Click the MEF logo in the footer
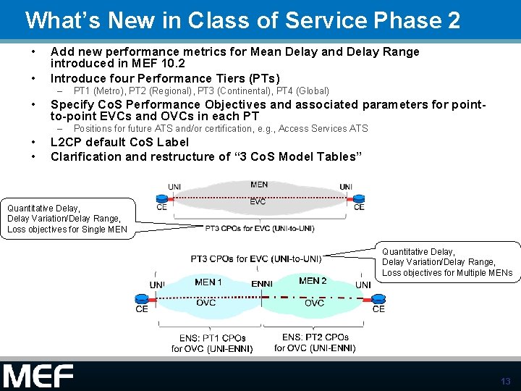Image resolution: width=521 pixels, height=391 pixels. point(38,377)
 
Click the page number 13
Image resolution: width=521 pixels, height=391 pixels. point(505,381)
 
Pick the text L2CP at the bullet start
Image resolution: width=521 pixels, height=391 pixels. point(68,142)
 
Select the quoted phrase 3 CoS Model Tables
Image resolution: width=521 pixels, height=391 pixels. point(296,156)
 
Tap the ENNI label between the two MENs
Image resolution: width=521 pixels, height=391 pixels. point(262,284)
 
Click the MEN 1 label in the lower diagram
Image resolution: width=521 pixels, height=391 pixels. point(208,282)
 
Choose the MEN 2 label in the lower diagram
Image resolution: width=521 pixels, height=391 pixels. point(313,281)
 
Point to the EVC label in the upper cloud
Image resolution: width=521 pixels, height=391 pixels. point(258,202)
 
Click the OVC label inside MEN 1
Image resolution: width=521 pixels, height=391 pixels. point(206,303)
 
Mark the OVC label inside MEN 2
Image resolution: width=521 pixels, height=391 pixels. point(314,303)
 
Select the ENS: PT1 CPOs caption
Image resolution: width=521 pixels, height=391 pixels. point(212,338)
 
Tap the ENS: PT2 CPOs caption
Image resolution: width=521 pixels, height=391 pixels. point(315,337)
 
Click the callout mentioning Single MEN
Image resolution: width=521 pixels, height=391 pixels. point(67,219)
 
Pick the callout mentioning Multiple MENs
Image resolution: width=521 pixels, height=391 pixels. point(447,262)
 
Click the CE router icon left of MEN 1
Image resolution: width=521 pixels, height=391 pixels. point(141,298)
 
